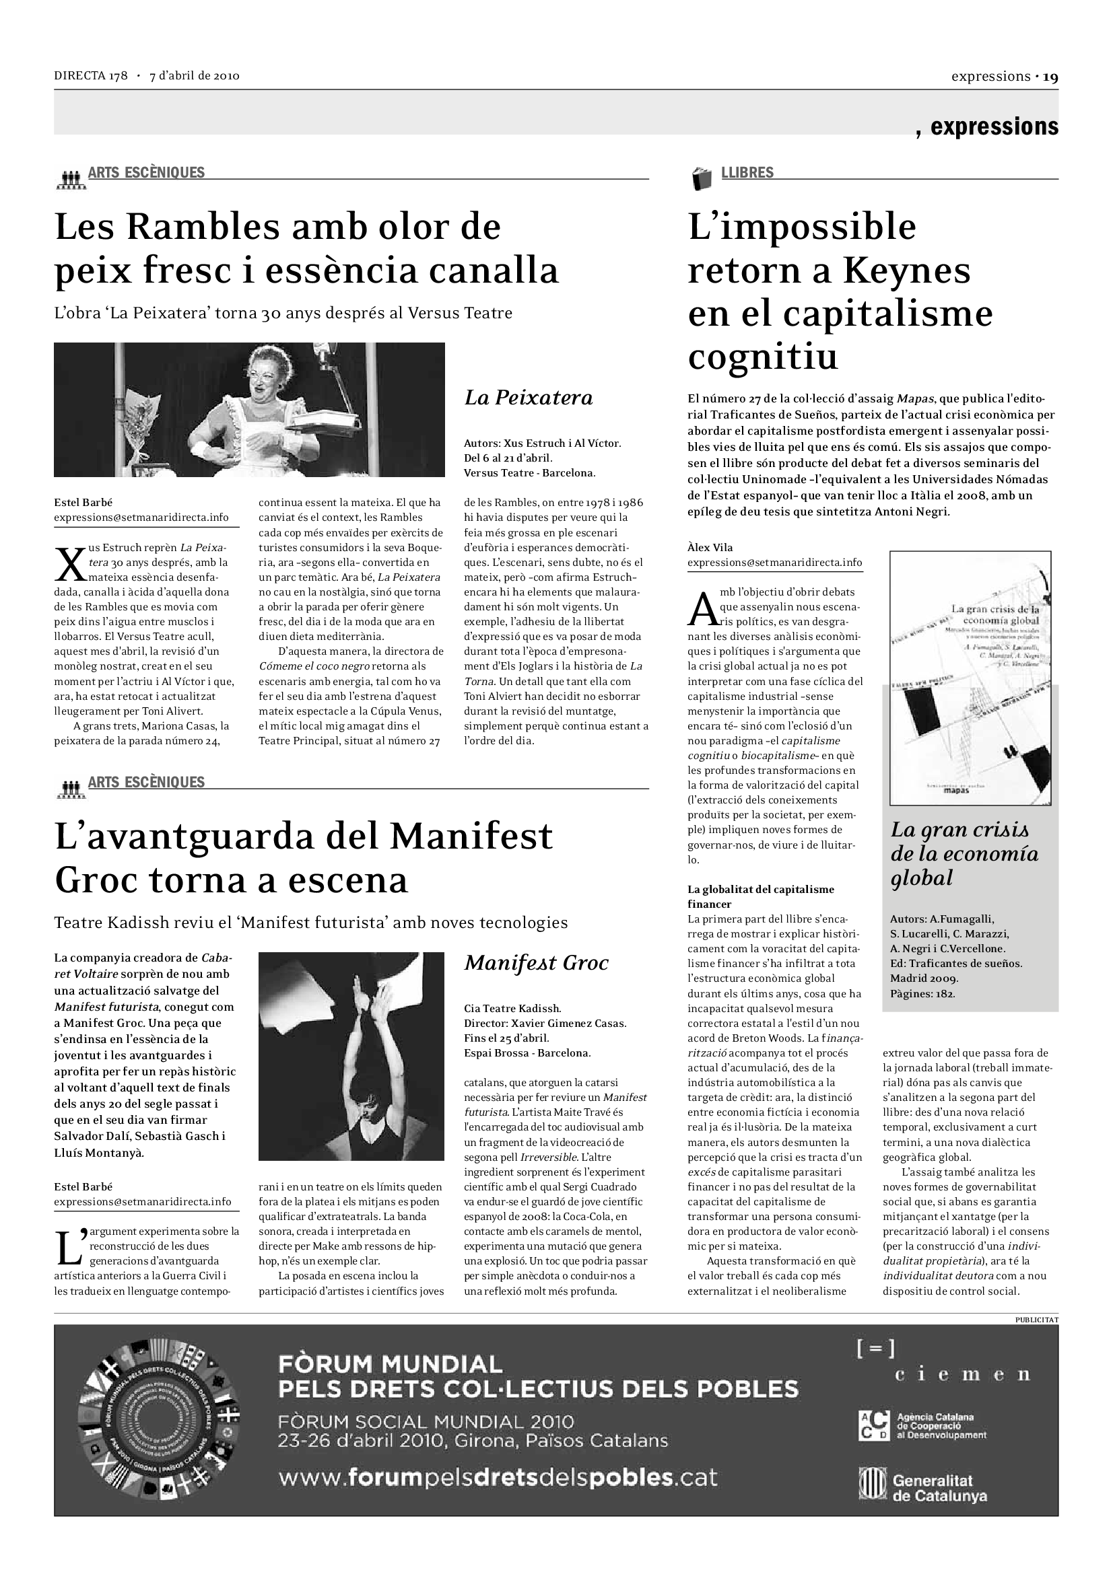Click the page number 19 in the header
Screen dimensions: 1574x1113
1050,77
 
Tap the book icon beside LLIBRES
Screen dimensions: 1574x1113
702,178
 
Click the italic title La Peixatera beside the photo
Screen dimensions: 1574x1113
528,398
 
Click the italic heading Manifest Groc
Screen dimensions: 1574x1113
536,963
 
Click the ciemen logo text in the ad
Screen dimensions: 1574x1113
962,1374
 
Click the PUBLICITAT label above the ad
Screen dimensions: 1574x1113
1036,1319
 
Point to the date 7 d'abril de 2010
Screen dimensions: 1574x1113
194,76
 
